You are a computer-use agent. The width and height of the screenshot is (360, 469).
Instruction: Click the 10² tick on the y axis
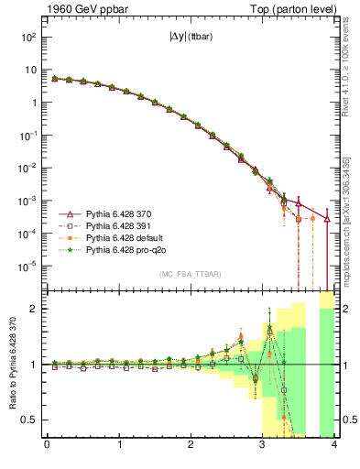tap(28, 37)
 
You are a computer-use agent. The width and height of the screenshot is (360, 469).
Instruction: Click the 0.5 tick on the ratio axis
tap(33, 420)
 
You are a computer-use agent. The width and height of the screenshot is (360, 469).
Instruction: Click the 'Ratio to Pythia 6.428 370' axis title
tap(10, 364)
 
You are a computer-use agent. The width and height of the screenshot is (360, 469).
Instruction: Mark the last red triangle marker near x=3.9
tap(327, 218)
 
